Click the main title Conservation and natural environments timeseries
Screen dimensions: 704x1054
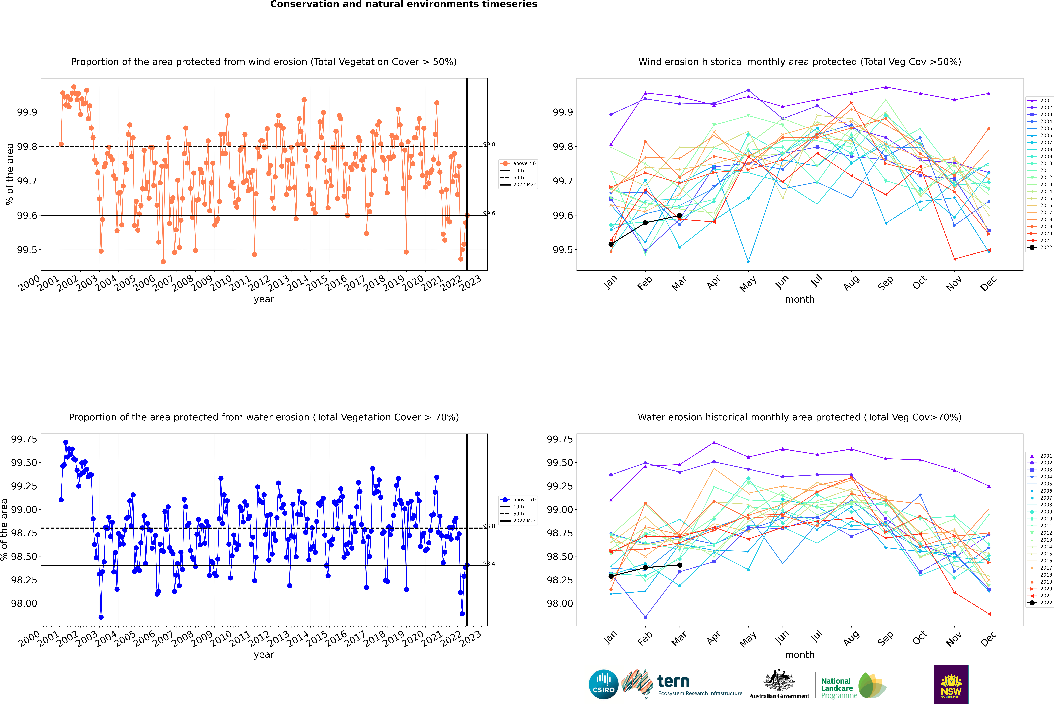tap(403, 4)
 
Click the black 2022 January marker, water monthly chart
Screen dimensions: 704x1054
tap(611, 576)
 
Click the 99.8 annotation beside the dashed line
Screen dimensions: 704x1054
tap(489, 145)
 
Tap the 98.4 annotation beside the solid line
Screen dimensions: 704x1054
tap(489, 564)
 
